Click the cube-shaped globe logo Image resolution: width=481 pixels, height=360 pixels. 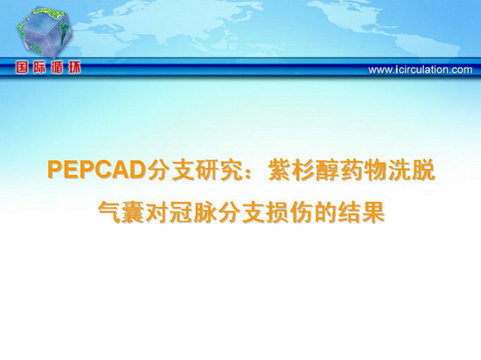pyautogui.click(x=44, y=31)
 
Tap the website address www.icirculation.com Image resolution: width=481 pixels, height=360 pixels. pyautogui.click(x=421, y=70)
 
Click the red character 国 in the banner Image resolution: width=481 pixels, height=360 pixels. pyautogui.click(x=22, y=67)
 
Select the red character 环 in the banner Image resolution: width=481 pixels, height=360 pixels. pyautogui.click(x=74, y=67)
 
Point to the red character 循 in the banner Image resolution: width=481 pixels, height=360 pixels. pyautogui.click(x=57, y=67)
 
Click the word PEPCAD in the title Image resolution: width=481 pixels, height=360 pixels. pyautogui.click(x=97, y=170)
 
